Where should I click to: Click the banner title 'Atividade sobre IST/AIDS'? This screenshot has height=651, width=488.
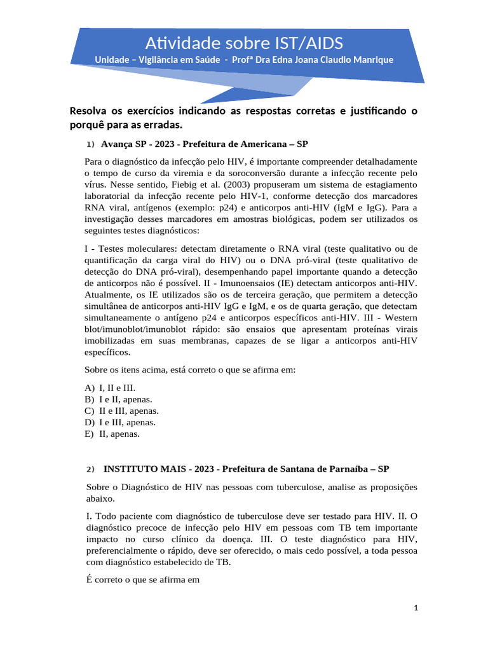click(x=244, y=43)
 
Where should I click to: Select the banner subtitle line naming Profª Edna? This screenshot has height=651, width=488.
click(x=244, y=60)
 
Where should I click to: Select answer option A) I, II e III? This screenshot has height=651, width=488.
click(x=110, y=388)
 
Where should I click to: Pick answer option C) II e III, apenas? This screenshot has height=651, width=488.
click(x=122, y=411)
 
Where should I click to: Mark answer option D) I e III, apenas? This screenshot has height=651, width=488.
click(x=121, y=422)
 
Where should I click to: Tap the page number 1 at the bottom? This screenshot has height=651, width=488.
click(x=416, y=608)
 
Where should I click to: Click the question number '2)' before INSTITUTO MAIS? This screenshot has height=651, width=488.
click(x=90, y=469)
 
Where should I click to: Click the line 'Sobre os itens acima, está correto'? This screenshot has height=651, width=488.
click(x=191, y=369)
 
